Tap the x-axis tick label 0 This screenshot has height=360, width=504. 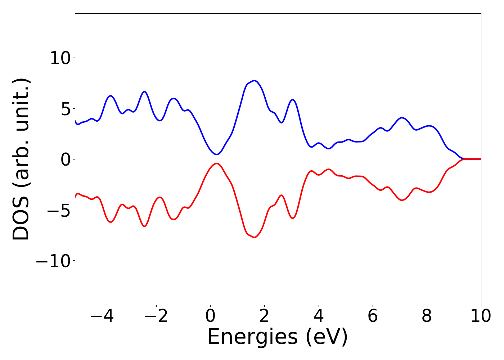click(x=210, y=316)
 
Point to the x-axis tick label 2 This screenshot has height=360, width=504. click(x=264, y=316)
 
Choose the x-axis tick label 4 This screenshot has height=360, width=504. click(x=319, y=316)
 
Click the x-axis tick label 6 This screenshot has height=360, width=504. click(x=373, y=316)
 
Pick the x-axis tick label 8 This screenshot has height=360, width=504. click(x=427, y=316)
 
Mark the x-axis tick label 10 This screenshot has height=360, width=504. click(x=481, y=316)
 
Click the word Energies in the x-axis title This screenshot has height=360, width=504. click(x=252, y=337)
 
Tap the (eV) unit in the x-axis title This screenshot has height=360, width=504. click(x=327, y=337)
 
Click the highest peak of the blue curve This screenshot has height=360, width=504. click(x=254, y=81)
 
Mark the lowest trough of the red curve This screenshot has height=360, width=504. click(x=254, y=237)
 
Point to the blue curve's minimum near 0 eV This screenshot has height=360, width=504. click(x=217, y=154)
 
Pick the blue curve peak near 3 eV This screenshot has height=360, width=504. click(x=293, y=100)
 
